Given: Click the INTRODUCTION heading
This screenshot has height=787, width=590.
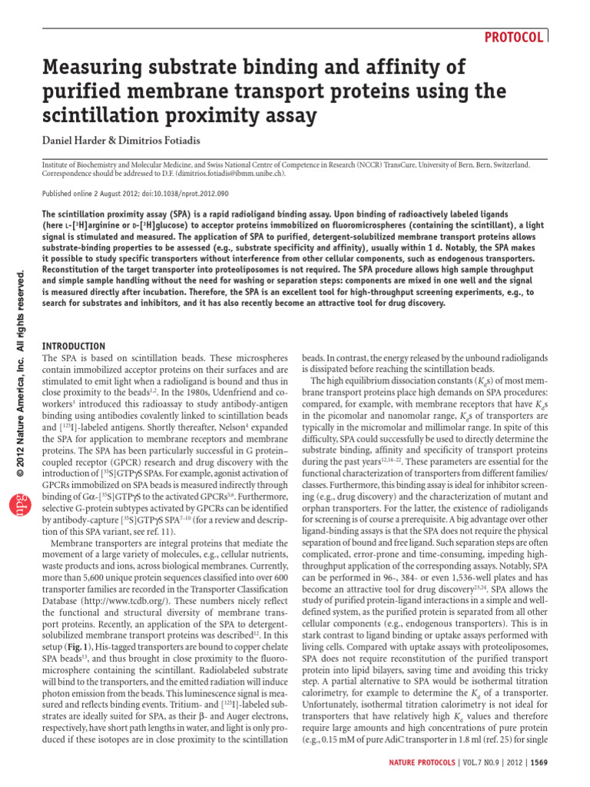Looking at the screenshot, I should [x=73, y=347].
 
